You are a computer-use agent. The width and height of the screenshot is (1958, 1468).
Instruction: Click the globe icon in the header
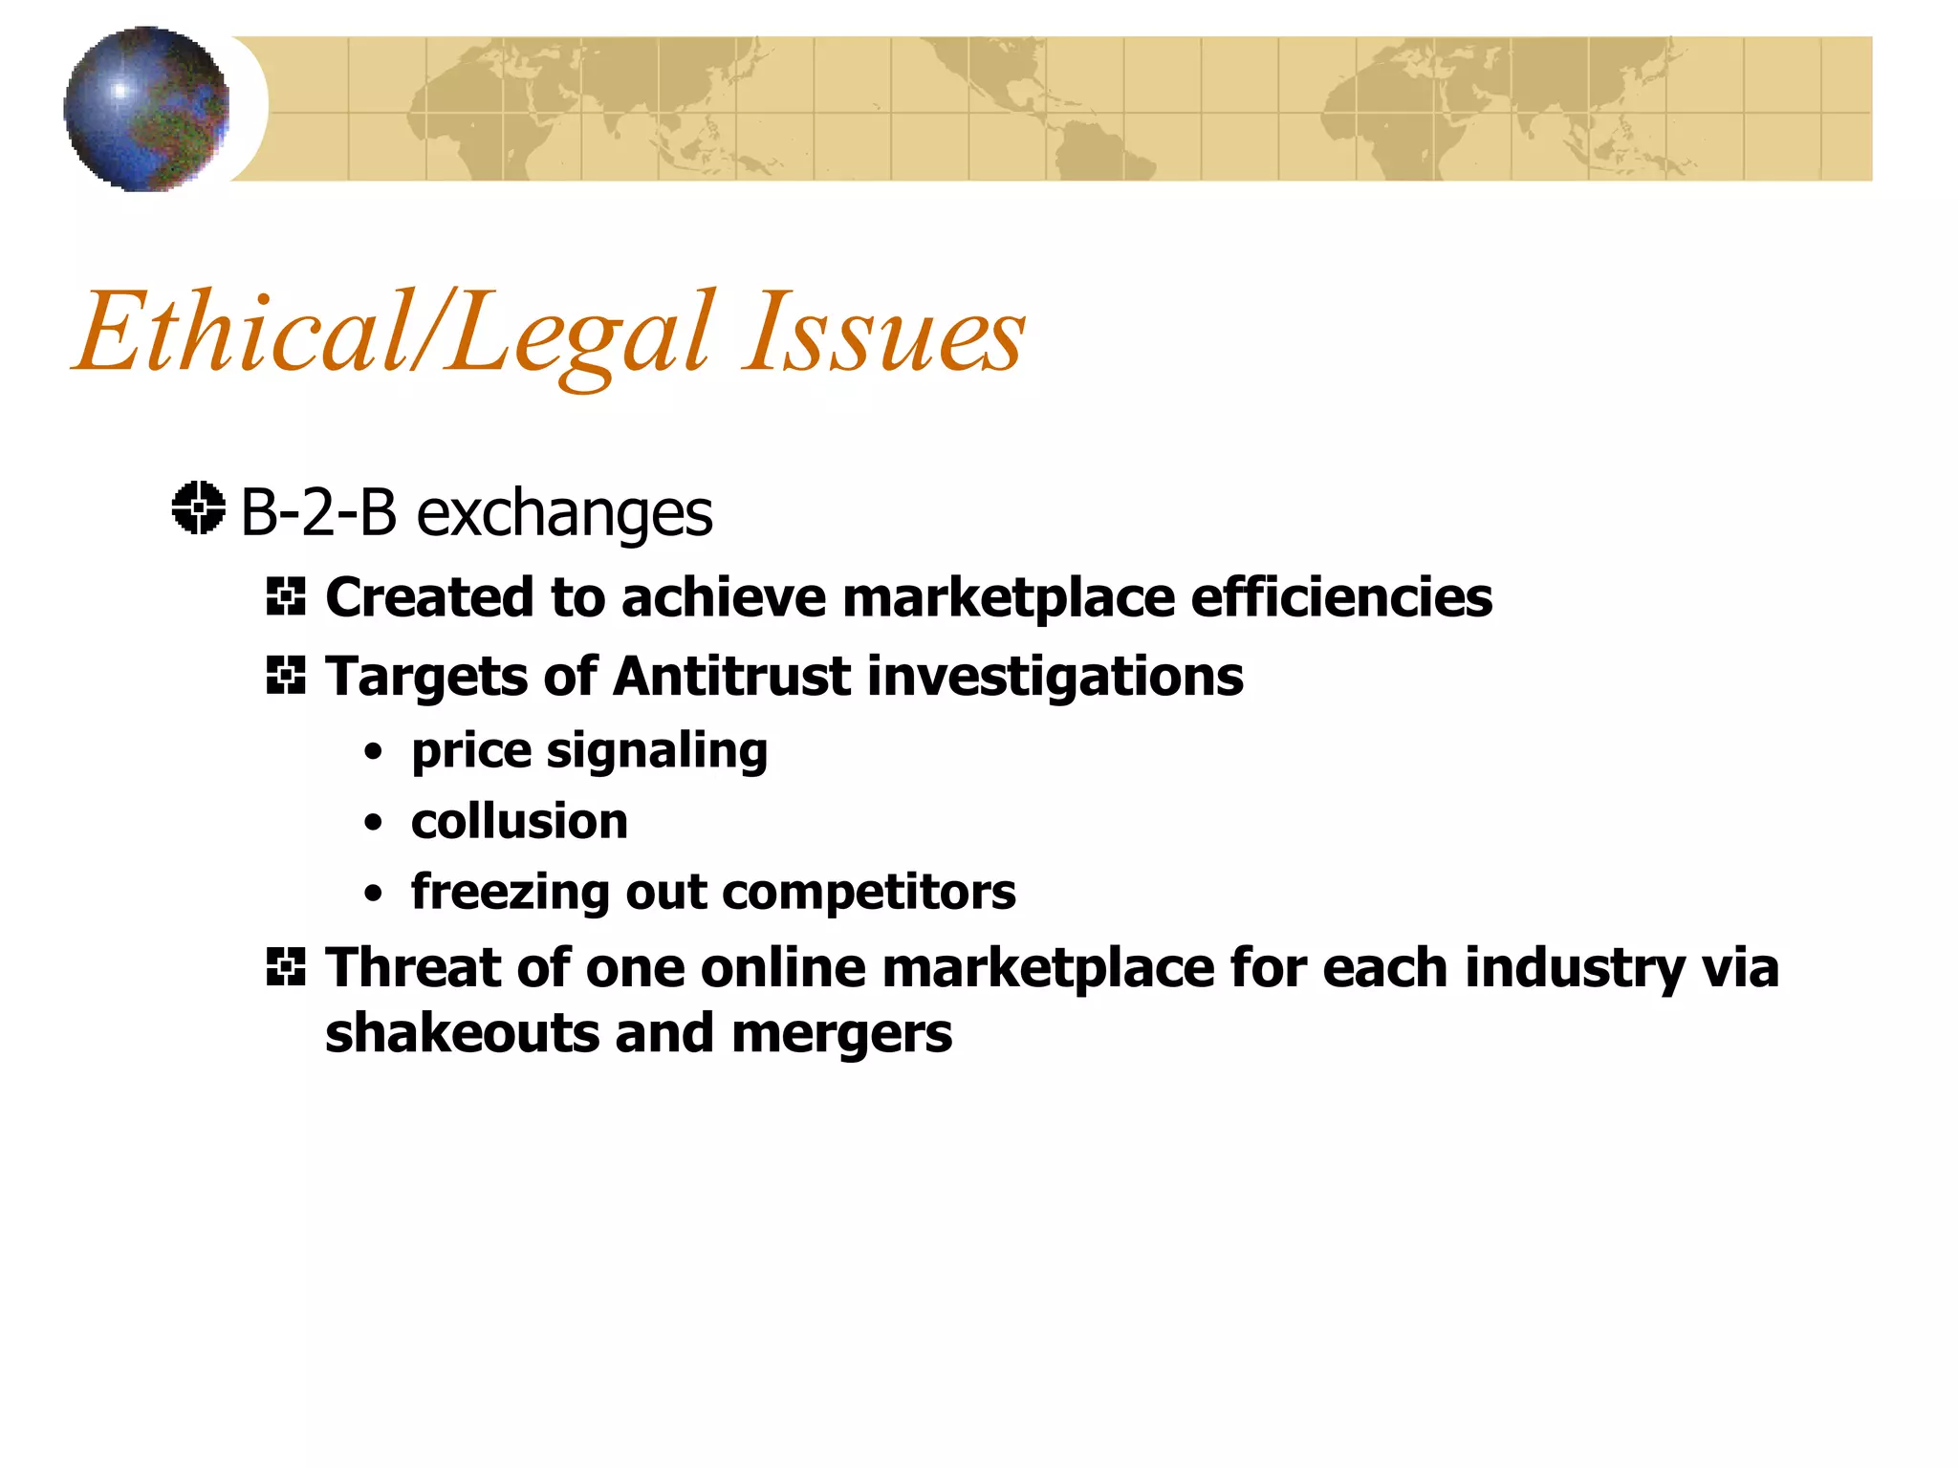[x=146, y=109]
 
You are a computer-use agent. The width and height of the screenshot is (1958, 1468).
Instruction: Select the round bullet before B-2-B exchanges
[x=199, y=507]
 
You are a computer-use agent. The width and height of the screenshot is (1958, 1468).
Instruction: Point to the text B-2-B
[x=317, y=512]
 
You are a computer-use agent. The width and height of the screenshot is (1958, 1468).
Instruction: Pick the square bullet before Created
[x=286, y=597]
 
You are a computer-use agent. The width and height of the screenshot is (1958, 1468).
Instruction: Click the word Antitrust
[x=731, y=677]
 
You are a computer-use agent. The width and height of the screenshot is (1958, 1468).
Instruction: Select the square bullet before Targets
[x=286, y=677]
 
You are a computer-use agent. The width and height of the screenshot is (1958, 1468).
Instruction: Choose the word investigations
[x=1055, y=679]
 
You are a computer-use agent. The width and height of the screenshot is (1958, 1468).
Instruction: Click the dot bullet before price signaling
[x=374, y=752]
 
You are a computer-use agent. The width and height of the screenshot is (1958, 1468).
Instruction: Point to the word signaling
[x=657, y=752]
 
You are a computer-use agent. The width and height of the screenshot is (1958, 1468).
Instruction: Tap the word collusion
[x=519, y=822]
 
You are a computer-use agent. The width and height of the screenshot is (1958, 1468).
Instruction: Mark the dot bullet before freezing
[x=374, y=895]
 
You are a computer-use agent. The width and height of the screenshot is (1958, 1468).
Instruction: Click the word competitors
[x=869, y=894]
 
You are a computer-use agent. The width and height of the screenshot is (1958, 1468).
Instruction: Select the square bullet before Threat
[x=286, y=967]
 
